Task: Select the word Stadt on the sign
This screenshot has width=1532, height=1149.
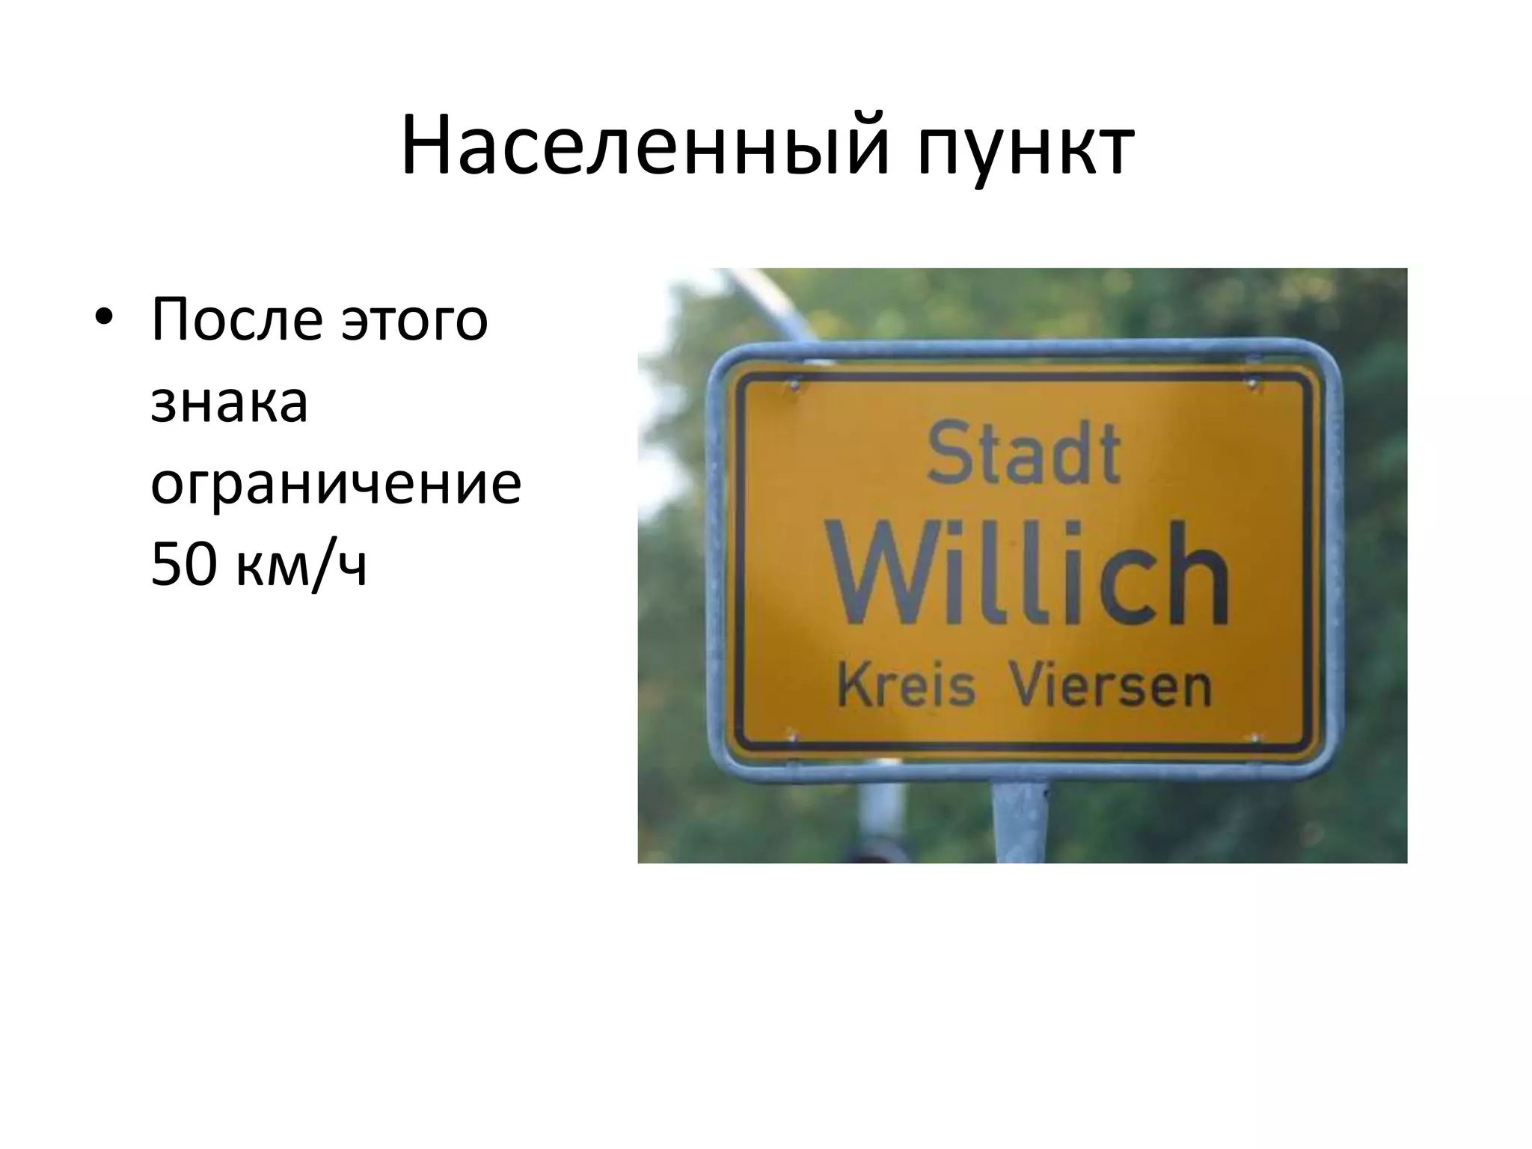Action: [x=1023, y=453]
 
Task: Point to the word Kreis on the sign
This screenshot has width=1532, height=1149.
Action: [x=907, y=686]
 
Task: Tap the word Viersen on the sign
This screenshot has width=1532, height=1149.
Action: [x=1109, y=686]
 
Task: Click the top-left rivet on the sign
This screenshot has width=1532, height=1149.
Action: [x=794, y=387]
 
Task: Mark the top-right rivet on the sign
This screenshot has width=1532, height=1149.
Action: [x=1252, y=385]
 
